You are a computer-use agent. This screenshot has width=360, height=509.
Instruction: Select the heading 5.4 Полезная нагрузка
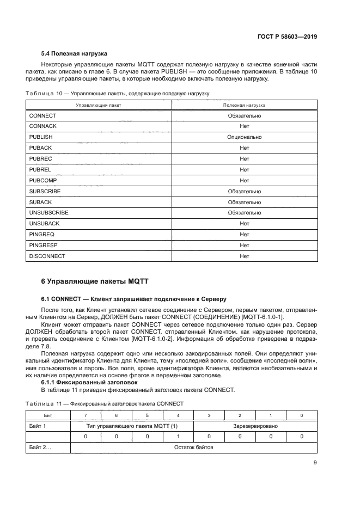(x=74, y=54)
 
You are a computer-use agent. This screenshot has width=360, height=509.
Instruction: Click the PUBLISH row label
(x=41, y=137)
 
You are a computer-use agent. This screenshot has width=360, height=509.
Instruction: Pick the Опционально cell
(x=244, y=137)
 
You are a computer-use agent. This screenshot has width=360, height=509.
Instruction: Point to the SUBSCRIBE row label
(x=45, y=191)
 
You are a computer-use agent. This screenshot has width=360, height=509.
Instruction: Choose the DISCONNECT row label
(x=47, y=256)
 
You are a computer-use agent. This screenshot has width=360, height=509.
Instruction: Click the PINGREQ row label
(x=41, y=234)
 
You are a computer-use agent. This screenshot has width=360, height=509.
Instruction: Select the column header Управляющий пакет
(x=99, y=105)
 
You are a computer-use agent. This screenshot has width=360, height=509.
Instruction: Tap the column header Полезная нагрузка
(x=244, y=105)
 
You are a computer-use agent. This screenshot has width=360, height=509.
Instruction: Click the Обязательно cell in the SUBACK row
(x=244, y=202)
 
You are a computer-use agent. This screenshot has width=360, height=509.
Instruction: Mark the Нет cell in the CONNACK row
(x=244, y=126)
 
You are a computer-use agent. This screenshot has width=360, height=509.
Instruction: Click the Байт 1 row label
(x=38, y=426)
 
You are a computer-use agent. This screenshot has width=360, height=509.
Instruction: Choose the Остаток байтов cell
(x=193, y=447)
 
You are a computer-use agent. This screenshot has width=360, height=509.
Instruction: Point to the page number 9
(x=315, y=463)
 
